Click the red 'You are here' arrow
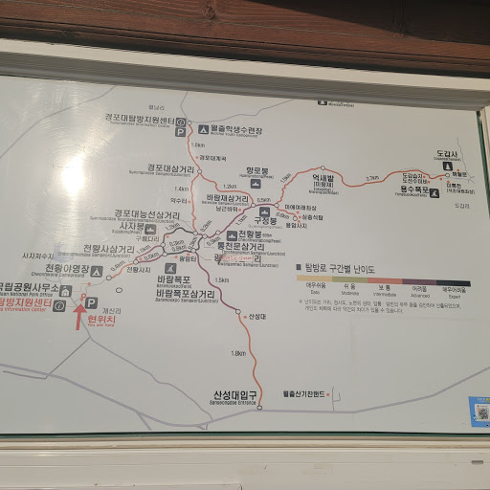tap(80, 316)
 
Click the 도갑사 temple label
tap(448, 153)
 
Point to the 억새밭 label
tap(328, 177)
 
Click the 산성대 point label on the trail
tap(256, 316)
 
